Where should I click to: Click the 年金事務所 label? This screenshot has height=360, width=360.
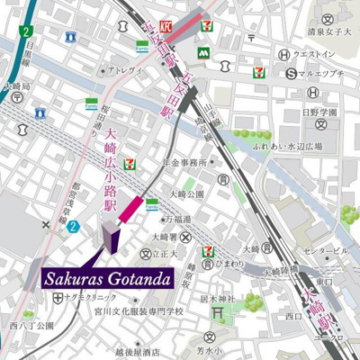pyautogui.click(x=184, y=163)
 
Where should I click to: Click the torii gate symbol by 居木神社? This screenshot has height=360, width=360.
pyautogui.click(x=216, y=312)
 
